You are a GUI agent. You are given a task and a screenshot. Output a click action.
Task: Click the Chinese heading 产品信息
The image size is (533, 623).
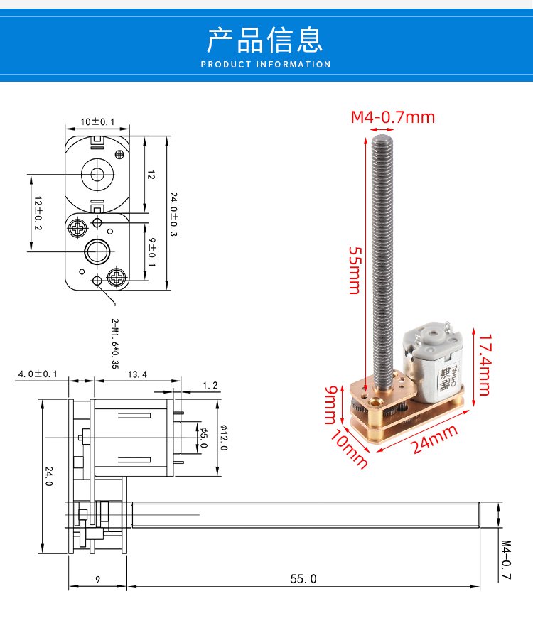click(x=264, y=40)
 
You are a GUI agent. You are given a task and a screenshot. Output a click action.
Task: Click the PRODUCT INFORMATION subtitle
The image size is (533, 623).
click(x=266, y=65)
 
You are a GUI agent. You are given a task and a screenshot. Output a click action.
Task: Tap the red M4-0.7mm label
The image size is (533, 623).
click(x=393, y=117)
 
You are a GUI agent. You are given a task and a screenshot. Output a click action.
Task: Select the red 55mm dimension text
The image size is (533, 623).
click(x=355, y=271)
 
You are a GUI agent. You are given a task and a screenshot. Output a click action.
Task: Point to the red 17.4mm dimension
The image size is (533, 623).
click(x=485, y=364)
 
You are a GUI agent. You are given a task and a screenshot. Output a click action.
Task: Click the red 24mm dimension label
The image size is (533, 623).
click(x=434, y=440)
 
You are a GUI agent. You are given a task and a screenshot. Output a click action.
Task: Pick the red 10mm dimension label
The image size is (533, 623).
click(x=349, y=449)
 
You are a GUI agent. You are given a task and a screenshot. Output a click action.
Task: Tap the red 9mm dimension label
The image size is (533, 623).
click(x=331, y=405)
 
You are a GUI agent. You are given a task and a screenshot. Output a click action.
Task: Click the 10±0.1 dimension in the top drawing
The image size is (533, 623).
click(x=97, y=121)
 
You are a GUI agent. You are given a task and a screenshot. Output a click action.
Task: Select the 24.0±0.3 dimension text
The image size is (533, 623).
click(x=173, y=214)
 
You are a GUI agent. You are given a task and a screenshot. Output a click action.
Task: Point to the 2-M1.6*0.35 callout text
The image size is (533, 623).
click(x=115, y=343)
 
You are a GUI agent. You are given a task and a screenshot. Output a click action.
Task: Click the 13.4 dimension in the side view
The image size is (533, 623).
click(x=137, y=374)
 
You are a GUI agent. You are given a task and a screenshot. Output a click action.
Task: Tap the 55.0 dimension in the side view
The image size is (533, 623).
click(x=303, y=579)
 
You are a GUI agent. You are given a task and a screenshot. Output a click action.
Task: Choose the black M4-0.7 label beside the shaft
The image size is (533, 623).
click(x=505, y=560)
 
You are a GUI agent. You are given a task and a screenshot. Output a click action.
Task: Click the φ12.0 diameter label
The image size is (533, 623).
click(x=224, y=438)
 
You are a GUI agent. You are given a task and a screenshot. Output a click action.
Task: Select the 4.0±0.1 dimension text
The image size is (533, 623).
click(x=38, y=374)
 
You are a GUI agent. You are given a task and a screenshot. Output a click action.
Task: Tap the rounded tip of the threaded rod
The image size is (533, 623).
click(x=382, y=139)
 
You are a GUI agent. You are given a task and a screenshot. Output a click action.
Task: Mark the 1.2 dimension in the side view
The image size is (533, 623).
click(x=210, y=386)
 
